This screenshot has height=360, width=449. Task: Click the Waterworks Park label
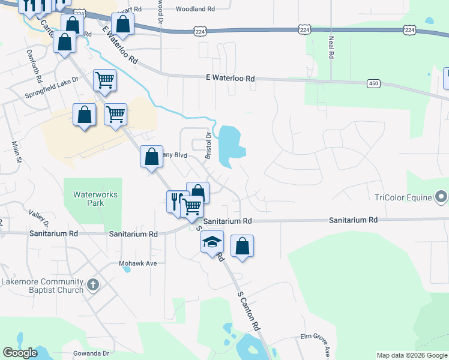pos(95,199)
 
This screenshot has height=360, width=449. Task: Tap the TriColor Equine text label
pos(403,197)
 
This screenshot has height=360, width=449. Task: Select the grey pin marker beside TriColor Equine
pos(441,197)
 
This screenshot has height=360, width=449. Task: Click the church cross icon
pos(92,284)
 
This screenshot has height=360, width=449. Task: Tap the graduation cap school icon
pos(212,242)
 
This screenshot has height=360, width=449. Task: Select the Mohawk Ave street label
pos(137,263)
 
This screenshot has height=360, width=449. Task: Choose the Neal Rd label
pos(331,47)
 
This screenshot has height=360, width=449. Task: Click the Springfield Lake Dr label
pos(52,88)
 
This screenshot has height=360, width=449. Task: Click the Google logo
pos(20,353)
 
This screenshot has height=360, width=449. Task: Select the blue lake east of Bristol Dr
pos(229,146)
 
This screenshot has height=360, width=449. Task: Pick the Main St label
pos(16,152)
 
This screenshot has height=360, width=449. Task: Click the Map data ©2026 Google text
pos(411,355)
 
